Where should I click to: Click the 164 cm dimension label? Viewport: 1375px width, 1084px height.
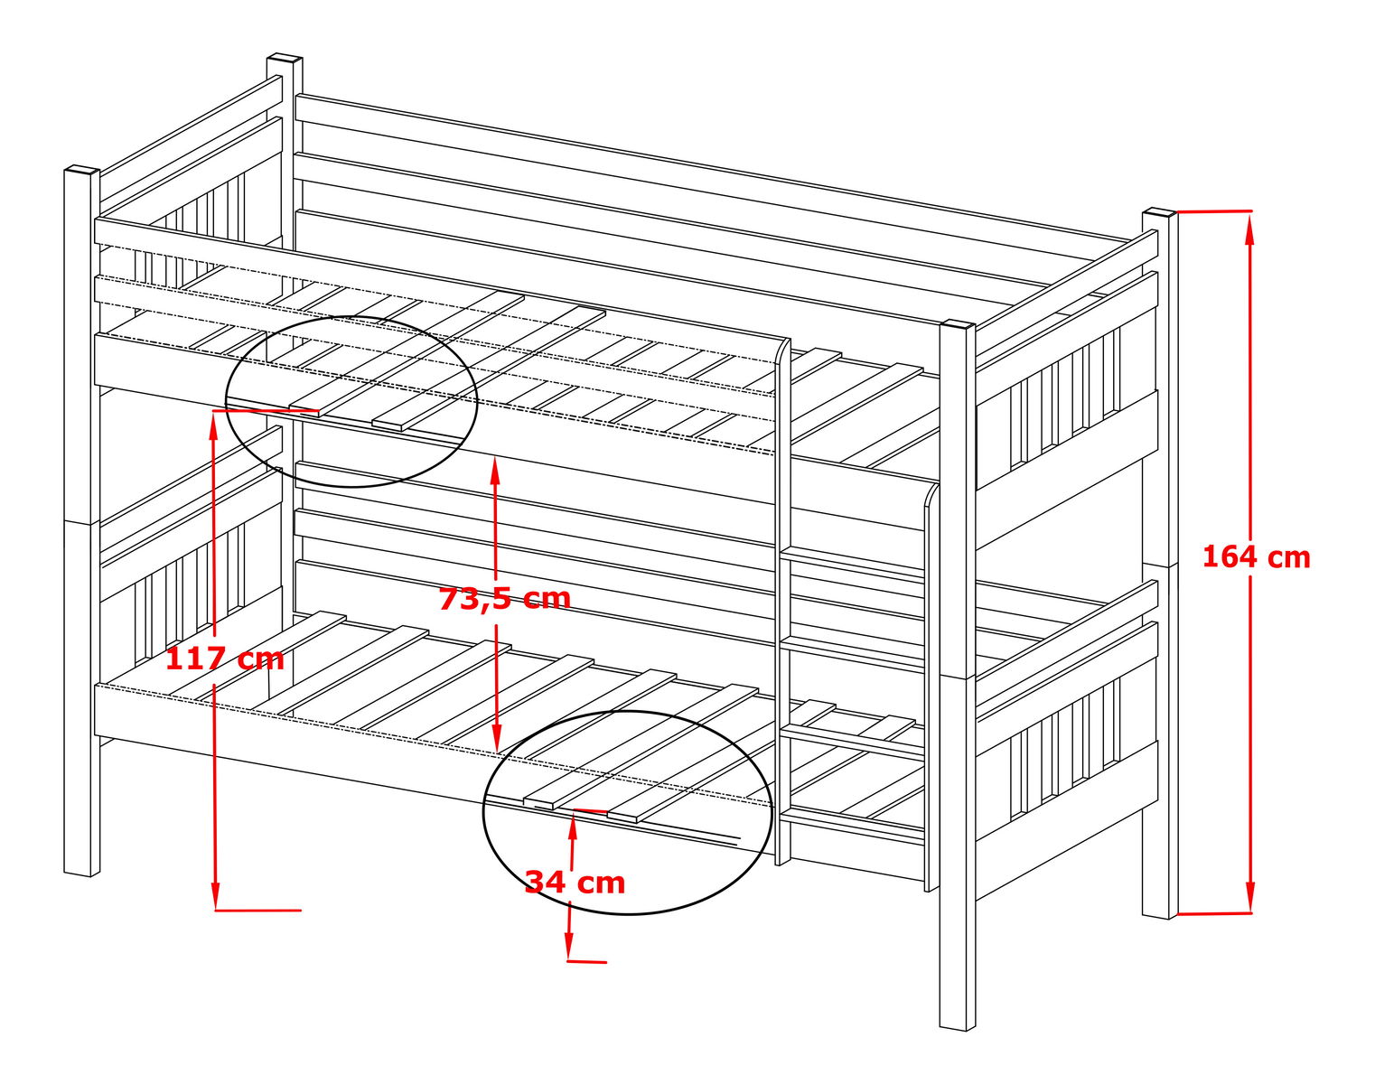click(1256, 557)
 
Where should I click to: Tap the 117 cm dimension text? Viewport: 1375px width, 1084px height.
click(225, 659)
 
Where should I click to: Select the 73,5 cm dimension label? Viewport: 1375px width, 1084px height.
click(504, 599)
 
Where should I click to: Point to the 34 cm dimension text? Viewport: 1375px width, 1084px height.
click(575, 883)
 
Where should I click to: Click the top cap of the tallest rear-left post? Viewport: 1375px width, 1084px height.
click(285, 58)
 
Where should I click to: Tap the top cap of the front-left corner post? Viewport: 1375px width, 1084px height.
click(82, 172)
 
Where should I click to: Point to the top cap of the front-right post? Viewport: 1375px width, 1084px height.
click(957, 325)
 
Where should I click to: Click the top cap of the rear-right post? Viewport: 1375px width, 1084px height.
click(1160, 212)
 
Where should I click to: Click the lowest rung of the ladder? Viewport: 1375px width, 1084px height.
click(854, 827)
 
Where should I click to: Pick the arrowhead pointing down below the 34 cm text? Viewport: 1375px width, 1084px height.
click(568, 944)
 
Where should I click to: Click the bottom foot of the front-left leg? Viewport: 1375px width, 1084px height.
click(82, 872)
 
